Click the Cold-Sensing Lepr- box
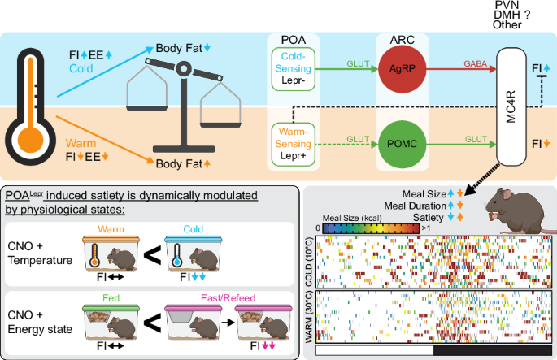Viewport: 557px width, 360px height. (294, 71)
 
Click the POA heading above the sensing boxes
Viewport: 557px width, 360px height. (294, 41)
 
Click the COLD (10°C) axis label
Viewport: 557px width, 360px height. (310, 259)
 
